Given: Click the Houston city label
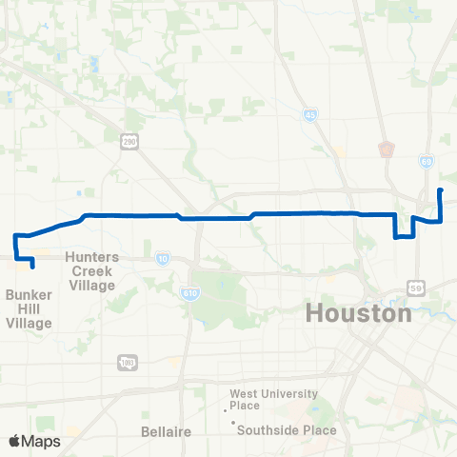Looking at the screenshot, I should click(359, 313).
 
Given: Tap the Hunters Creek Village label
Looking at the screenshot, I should click(92, 271).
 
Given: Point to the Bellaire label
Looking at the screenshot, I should click(167, 431).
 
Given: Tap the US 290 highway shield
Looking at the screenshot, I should click(129, 141).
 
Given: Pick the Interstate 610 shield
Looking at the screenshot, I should click(189, 297).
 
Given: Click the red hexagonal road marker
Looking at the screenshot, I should click(385, 149).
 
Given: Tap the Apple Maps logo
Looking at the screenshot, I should click(33, 441).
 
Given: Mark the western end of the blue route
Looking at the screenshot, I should click(33, 267).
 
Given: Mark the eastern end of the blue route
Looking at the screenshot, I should click(440, 191).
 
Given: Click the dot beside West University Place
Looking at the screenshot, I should click(226, 410).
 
